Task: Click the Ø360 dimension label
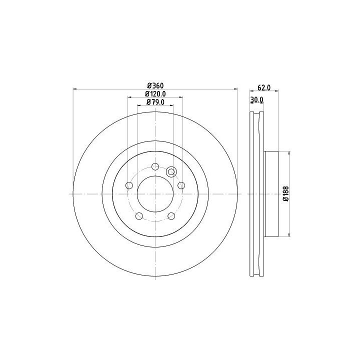pyautogui.click(x=155, y=86)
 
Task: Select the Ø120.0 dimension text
pyautogui.click(x=155, y=94)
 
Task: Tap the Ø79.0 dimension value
pyautogui.click(x=155, y=102)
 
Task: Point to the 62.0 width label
pyautogui.click(x=264, y=87)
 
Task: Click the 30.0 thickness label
pyautogui.click(x=256, y=100)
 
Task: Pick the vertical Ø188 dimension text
pyautogui.click(x=286, y=194)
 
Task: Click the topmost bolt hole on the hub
pyautogui.click(x=155, y=166)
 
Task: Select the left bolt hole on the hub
pyautogui.click(x=129, y=185)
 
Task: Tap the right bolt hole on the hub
pyautogui.click(x=181, y=185)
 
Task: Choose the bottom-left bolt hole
pyautogui.click(x=139, y=216)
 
